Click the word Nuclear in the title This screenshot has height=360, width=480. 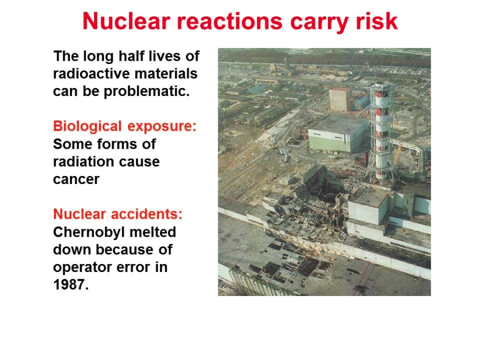(126, 21)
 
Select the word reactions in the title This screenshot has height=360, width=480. (229, 21)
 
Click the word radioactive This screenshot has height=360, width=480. (92, 74)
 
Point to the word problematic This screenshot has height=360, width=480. (147, 92)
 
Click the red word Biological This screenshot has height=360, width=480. (87, 126)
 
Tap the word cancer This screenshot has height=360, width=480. (76, 180)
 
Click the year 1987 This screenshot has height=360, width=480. (71, 285)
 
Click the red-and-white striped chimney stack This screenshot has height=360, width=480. (381, 132)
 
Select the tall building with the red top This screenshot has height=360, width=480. (340, 100)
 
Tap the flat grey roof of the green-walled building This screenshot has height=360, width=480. (338, 124)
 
